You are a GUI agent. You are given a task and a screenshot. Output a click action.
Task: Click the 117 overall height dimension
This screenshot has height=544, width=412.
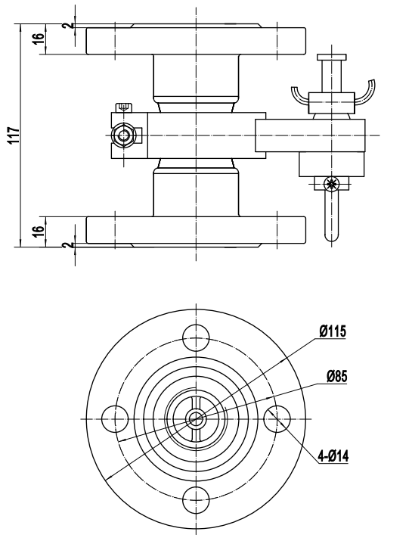tap(14, 135)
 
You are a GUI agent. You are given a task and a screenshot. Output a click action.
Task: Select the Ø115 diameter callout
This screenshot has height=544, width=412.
tap(333, 331)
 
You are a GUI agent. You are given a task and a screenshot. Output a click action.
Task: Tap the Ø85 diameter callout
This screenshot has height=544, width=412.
tap(336, 376)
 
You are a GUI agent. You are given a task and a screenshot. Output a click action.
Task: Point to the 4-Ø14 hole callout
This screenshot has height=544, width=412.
tap(333, 456)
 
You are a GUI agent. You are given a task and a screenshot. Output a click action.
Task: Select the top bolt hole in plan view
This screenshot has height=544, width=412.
tap(196, 338)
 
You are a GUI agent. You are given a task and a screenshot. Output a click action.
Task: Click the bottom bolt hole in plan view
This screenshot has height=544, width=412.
tap(196, 500)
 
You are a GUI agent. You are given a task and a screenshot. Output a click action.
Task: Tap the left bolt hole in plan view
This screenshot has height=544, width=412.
tap(115, 418)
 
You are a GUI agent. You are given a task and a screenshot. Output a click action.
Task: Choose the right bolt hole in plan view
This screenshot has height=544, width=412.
tap(277, 418)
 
